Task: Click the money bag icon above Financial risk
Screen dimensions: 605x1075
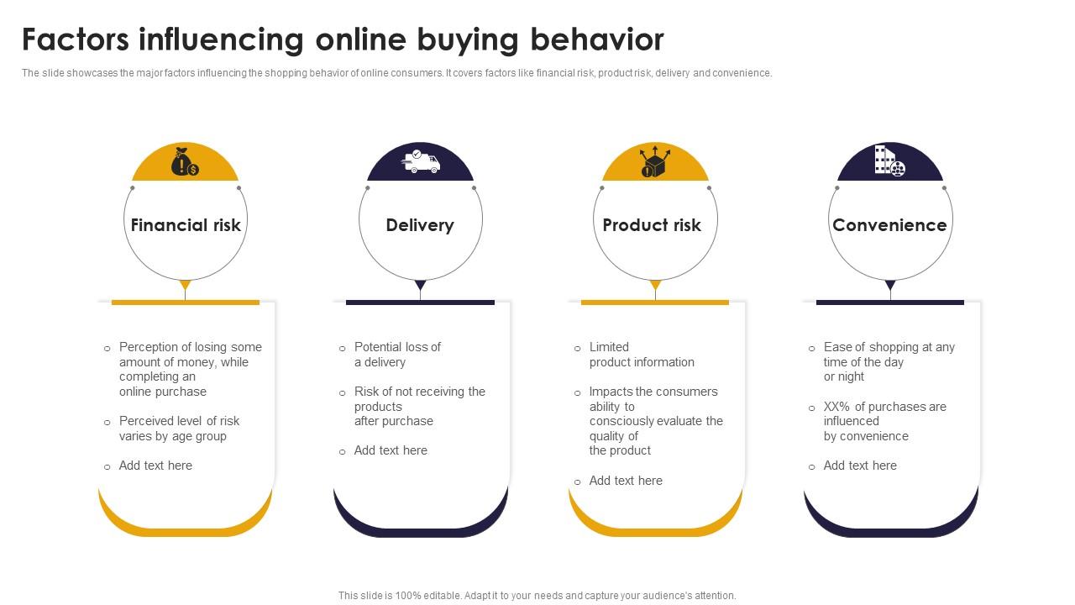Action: click(185, 161)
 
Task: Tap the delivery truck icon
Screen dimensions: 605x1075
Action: click(421, 161)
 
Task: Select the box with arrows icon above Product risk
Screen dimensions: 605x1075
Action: click(654, 161)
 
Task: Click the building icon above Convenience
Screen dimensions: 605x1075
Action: click(889, 160)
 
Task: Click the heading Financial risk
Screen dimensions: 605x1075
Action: click(186, 225)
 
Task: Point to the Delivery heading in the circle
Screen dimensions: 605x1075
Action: click(420, 225)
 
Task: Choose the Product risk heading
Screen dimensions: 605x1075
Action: click(652, 225)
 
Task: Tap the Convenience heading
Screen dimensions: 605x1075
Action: click(889, 225)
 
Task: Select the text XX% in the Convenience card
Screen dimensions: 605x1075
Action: click(837, 407)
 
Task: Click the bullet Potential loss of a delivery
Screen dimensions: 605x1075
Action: click(396, 355)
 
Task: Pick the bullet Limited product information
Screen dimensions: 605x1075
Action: click(641, 355)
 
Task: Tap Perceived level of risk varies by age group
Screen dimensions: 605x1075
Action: click(179, 429)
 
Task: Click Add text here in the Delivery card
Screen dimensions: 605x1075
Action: click(391, 450)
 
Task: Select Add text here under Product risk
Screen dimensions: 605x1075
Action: click(626, 481)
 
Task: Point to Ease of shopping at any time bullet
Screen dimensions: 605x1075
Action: click(889, 362)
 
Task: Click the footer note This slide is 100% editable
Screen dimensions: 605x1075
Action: click(537, 595)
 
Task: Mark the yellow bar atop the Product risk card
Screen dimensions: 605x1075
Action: click(655, 302)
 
